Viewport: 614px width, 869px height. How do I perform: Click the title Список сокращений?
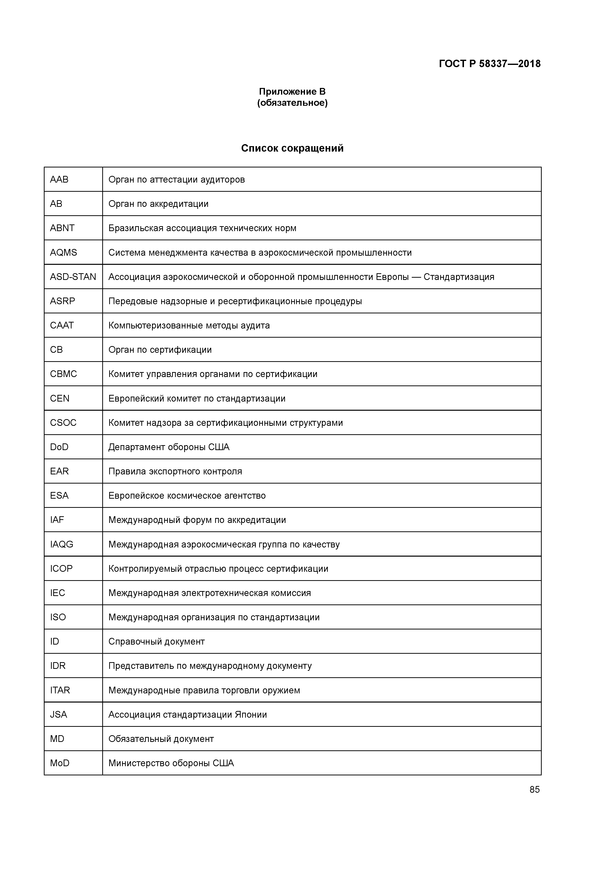292,148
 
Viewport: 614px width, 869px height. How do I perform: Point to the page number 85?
534,789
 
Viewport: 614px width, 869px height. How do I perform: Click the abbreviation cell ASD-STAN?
73,277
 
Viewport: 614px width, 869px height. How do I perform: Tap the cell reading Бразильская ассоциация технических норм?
202,228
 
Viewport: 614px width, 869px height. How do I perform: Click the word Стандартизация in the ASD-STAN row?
459,277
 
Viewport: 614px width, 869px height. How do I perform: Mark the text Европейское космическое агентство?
187,495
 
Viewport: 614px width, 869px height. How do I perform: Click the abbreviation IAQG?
61,544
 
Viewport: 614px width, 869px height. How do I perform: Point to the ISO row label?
58,617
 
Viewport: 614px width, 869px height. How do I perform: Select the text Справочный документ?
156,641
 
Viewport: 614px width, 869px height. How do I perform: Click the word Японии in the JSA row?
251,714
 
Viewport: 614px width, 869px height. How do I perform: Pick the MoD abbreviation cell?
59,763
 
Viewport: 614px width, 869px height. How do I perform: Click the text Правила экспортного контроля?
175,471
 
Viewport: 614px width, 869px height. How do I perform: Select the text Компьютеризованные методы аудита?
189,325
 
